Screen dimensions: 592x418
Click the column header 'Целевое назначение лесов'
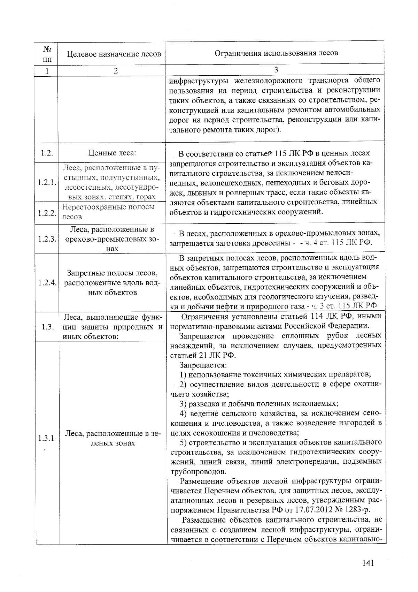114,54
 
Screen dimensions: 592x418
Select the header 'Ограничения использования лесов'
276,53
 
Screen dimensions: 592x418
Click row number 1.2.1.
47,182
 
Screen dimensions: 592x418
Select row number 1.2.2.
47,212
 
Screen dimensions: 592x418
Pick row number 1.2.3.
47,239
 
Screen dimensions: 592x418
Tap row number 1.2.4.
47,282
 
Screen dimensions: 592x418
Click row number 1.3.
46,327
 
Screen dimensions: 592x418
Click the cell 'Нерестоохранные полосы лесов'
109,212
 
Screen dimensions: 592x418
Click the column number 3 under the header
276,69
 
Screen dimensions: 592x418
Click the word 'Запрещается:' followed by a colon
203,365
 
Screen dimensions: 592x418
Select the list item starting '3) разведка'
258,404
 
